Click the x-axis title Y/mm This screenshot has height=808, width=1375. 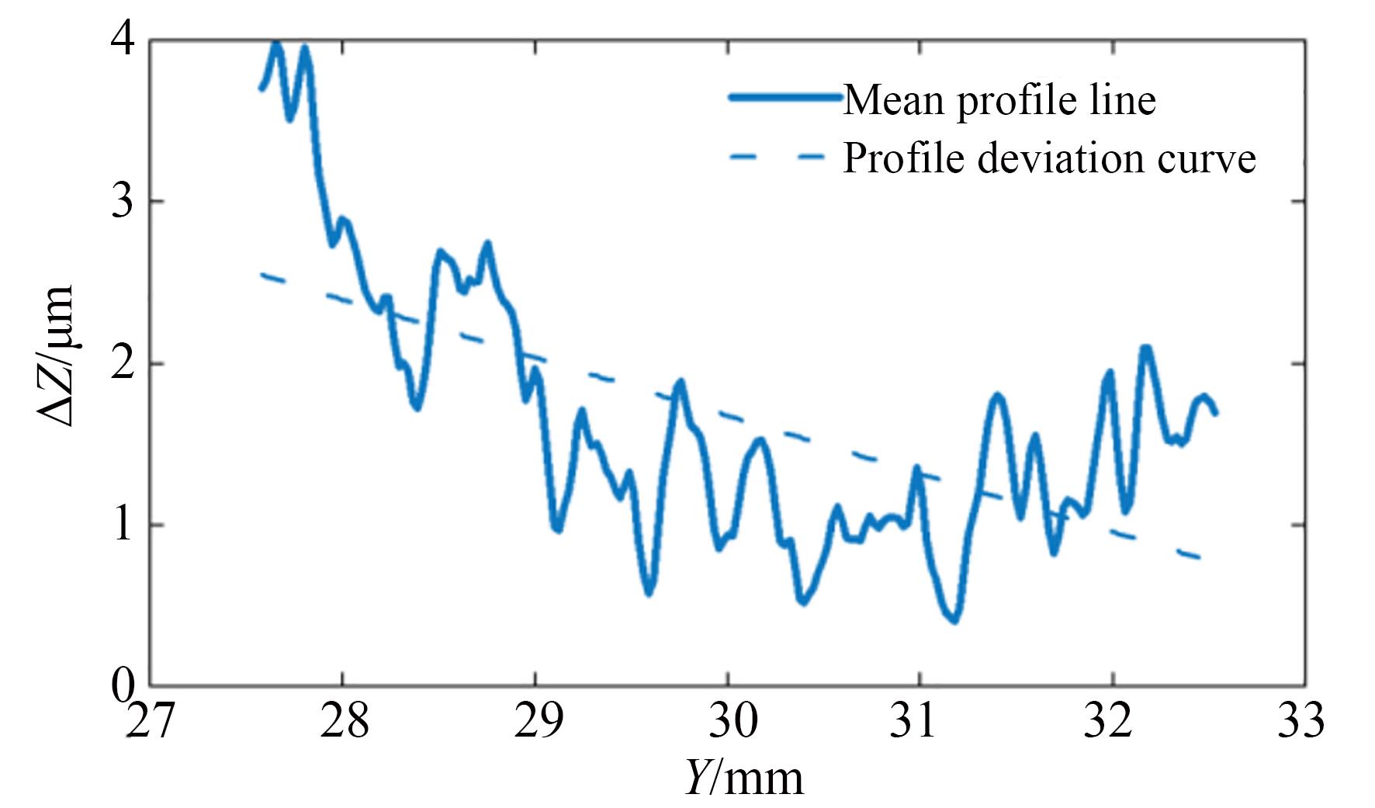click(744, 779)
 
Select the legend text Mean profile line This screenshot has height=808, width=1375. click(999, 99)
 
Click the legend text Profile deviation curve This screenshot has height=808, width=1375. click(1049, 158)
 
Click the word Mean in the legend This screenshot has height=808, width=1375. click(895, 99)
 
